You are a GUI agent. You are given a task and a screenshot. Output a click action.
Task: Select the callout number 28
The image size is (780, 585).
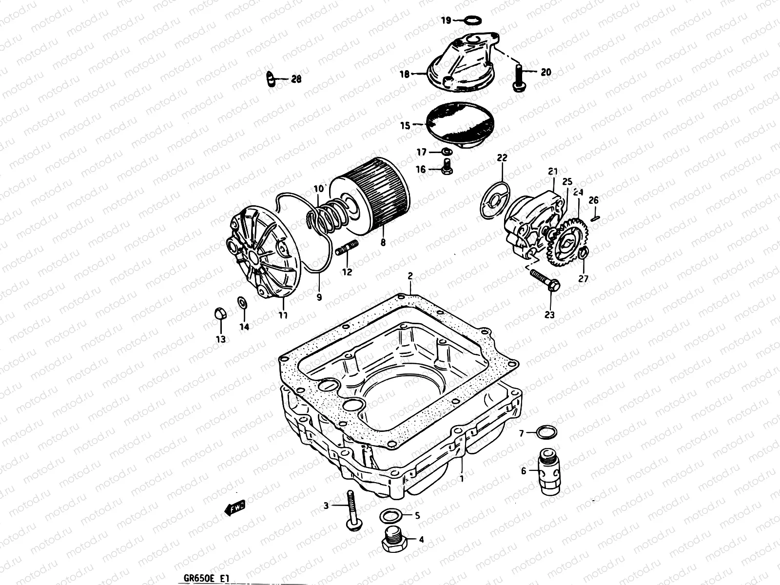pos(296,79)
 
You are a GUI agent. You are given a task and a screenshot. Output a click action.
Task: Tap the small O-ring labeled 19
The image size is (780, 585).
pos(471,20)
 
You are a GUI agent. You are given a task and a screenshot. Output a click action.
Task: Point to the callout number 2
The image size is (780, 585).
pos(410,276)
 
